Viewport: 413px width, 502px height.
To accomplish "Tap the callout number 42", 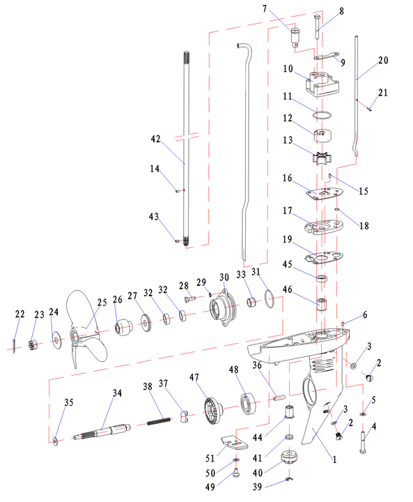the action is tap(155, 139).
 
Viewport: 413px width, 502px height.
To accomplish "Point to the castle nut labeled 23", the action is tap(33, 345).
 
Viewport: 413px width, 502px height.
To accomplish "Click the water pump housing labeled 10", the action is tap(322, 82).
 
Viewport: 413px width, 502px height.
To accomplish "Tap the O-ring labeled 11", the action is tap(322, 115).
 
